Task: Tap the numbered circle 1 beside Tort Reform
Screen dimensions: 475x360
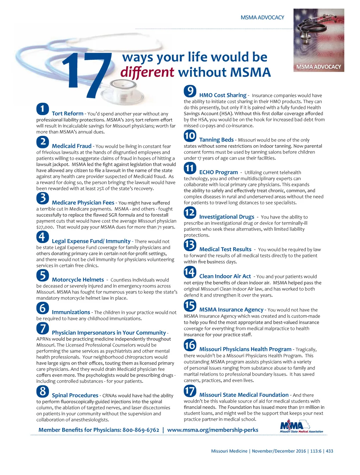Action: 43,109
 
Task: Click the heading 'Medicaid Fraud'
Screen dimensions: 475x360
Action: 71,146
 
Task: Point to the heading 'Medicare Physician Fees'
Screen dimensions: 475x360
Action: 83,203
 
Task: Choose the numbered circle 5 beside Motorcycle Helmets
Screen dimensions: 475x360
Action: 43,275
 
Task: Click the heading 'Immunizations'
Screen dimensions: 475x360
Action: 71,312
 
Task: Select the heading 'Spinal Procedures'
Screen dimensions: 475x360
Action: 75,395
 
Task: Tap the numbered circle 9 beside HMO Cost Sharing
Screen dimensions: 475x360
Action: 190,91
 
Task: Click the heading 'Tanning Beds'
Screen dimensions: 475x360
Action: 216,140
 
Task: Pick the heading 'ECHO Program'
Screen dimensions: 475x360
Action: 218,172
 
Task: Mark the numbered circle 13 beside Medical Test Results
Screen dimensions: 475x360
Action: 190,245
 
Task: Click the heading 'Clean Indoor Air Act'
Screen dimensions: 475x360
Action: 225,276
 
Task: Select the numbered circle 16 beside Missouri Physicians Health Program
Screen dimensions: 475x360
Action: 190,345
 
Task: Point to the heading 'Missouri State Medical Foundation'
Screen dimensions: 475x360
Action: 244,395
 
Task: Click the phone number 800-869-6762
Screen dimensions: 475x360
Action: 141,430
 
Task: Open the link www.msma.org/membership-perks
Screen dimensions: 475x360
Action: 213,430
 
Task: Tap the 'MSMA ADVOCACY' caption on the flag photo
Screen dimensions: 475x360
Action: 319,66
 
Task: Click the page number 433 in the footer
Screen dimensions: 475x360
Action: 329,451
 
